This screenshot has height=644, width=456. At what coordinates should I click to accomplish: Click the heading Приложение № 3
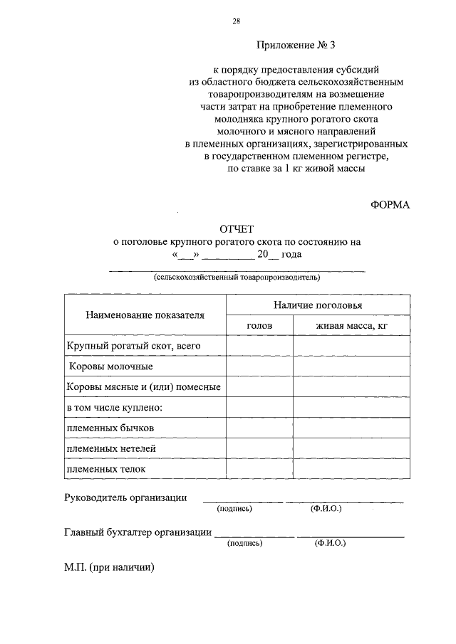pos(296,46)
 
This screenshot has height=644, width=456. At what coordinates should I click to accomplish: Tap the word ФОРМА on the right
pos(390,205)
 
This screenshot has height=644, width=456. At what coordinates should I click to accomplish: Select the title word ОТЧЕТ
pos(237,228)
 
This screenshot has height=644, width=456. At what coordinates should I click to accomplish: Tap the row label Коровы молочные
pos(110,366)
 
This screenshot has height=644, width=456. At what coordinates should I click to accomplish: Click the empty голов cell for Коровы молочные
pos(259,366)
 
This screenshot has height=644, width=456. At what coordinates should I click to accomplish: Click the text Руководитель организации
pos(125,497)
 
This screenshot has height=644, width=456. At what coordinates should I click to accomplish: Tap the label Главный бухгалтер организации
pos(138,532)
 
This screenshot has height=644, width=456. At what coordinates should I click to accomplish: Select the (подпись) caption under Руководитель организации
pos(235,510)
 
